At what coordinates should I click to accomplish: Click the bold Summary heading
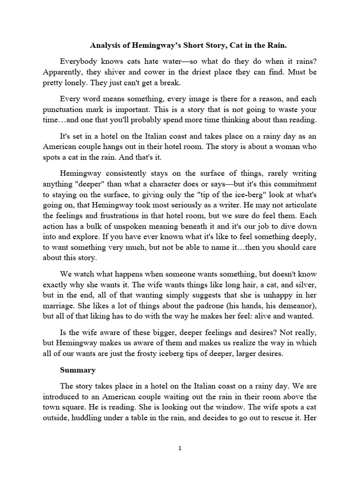(x=77, y=370)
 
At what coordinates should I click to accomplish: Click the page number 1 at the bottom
(x=180, y=448)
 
